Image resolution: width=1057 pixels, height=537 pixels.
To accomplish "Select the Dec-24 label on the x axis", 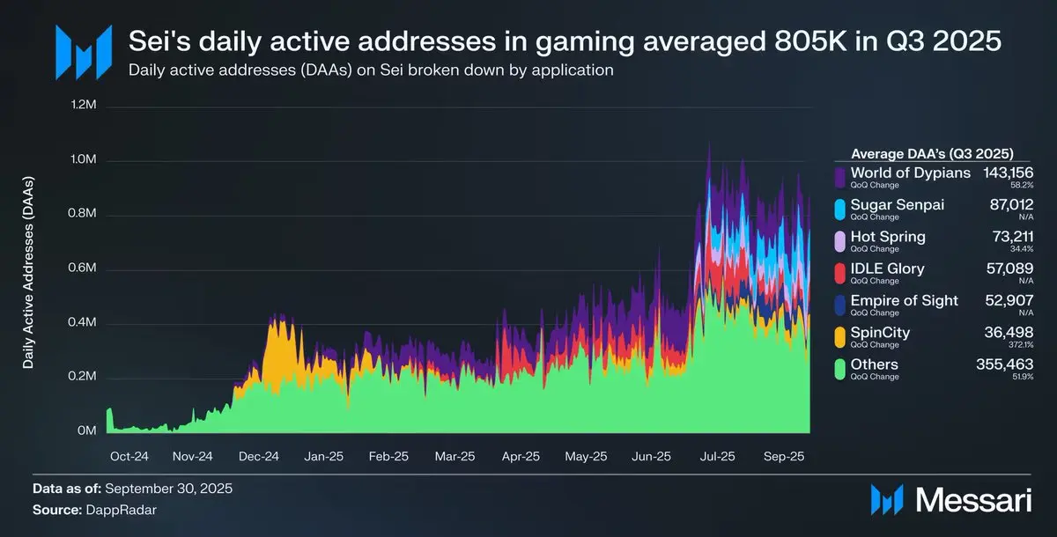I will pos(258,457).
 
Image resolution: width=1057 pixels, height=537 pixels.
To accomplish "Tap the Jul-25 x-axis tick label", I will pos(717,457).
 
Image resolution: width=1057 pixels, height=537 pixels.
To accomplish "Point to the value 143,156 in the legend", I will pos(1008,173).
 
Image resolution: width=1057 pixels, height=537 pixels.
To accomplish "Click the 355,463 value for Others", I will pos(1008,364).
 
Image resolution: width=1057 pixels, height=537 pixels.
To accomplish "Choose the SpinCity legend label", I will pos(880,333).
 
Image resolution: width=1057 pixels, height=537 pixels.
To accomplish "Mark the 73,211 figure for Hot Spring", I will pos(1014,237).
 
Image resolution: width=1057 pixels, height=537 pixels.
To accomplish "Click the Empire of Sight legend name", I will pos(904,300).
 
